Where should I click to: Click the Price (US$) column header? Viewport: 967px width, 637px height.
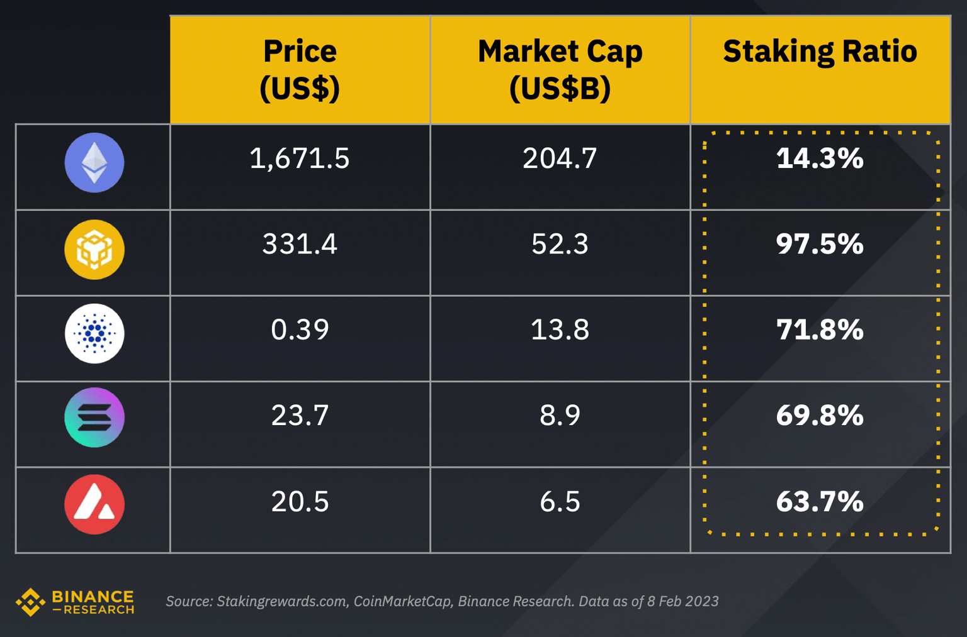click(300, 69)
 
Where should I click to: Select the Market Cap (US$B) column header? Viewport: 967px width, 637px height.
click(560, 69)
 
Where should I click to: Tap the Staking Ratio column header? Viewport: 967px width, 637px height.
click(820, 52)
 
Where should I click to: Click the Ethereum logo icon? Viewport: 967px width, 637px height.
click(94, 163)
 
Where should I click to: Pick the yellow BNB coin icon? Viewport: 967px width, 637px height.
click(94, 249)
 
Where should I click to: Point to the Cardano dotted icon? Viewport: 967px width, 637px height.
click(94, 333)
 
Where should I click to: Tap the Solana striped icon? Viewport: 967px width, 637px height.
click(94, 418)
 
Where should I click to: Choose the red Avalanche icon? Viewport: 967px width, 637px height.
click(94, 504)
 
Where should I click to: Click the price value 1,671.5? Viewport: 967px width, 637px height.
click(300, 158)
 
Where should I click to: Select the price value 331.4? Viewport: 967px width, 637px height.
click(300, 244)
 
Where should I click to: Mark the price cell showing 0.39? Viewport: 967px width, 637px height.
click(300, 330)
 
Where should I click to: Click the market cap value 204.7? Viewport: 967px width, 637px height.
click(560, 158)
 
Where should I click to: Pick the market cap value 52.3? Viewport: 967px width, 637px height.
click(560, 244)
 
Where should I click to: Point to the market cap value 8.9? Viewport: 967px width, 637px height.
click(560, 416)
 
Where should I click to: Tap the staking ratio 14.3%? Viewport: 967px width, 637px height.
click(820, 158)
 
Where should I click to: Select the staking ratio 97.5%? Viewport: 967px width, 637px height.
click(820, 244)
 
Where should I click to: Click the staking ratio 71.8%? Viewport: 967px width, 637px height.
click(820, 330)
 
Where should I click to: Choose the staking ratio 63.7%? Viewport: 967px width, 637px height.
click(820, 502)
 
